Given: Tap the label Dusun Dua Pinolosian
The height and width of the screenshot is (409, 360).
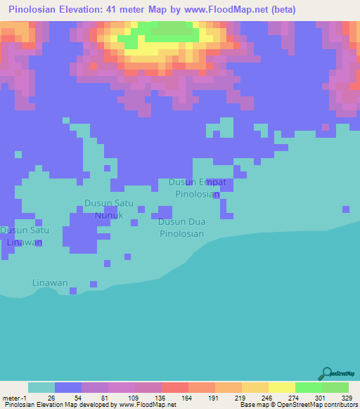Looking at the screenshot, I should pyautogui.click(x=181, y=228).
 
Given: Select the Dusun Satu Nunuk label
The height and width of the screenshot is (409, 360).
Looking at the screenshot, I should pyautogui.click(x=108, y=209).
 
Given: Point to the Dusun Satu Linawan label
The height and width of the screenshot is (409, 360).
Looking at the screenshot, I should pyautogui.click(x=25, y=236).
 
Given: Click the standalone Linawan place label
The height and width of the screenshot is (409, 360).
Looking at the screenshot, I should pyautogui.click(x=50, y=283).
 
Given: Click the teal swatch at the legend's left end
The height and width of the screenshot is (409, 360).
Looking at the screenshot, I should pyautogui.click(x=41, y=387).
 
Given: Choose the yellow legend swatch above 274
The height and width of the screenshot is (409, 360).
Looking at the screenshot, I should pyautogui.click(x=281, y=387).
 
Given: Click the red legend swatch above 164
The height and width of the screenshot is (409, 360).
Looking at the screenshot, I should pyautogui.click(x=174, y=387).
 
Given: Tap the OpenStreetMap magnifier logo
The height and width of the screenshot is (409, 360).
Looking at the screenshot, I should pyautogui.click(x=326, y=373).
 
